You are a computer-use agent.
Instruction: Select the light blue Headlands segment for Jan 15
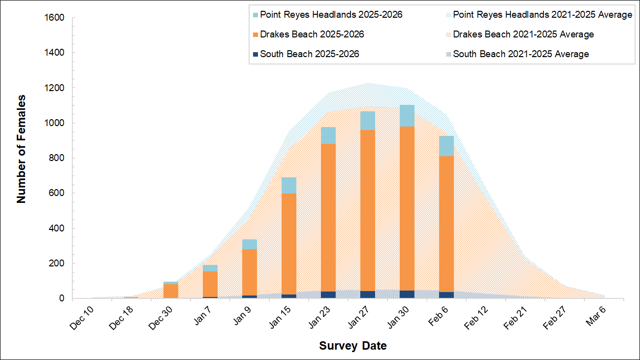click(x=288, y=186)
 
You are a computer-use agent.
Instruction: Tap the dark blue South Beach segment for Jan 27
click(x=367, y=295)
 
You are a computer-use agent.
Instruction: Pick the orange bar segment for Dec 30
click(x=170, y=291)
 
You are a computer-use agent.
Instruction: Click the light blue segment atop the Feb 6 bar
click(x=446, y=146)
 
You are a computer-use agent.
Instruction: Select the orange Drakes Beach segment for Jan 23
click(x=328, y=217)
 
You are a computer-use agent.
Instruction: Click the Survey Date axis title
click(x=352, y=346)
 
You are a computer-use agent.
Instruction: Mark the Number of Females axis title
click(x=21, y=148)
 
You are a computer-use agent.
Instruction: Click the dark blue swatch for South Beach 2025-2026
click(x=255, y=54)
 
